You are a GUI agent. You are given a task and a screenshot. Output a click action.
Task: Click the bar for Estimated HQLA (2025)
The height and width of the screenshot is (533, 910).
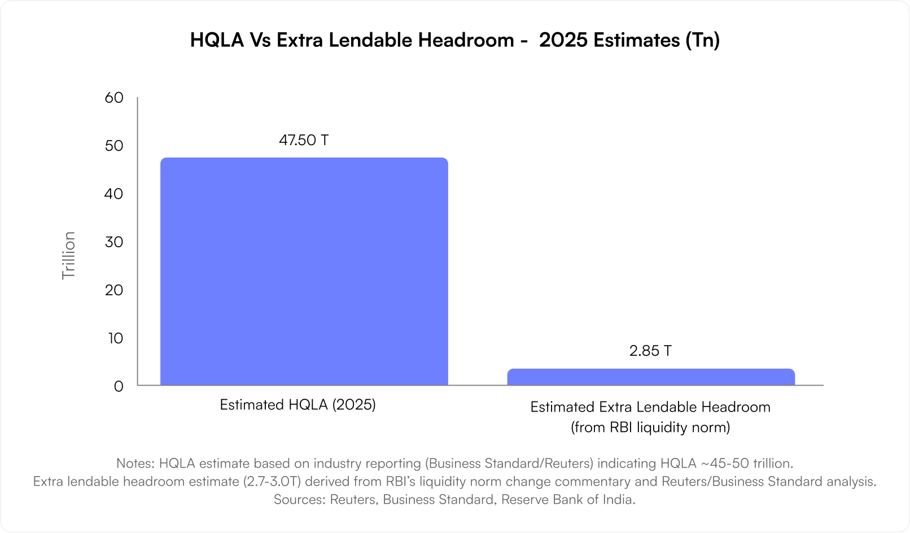click(304, 272)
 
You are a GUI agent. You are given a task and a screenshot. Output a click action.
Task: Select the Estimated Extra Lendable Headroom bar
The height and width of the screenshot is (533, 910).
click(650, 377)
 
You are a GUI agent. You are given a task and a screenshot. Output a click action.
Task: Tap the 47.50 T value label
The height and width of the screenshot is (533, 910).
click(304, 140)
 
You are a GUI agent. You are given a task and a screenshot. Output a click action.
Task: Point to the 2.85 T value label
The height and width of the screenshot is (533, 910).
click(650, 351)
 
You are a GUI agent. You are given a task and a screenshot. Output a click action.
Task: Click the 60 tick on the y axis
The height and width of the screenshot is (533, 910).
click(114, 98)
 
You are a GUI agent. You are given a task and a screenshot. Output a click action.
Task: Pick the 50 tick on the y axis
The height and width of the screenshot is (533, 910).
click(114, 146)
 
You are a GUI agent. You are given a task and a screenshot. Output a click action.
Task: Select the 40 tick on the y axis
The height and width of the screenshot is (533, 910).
click(114, 194)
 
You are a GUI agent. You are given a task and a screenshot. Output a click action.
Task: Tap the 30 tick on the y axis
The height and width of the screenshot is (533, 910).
click(114, 242)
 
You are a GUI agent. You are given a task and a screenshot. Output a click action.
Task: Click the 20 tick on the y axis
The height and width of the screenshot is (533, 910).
click(114, 290)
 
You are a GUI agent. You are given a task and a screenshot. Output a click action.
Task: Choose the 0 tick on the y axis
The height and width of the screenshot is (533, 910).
click(118, 387)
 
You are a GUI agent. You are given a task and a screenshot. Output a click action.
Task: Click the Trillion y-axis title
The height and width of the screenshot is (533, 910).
click(68, 255)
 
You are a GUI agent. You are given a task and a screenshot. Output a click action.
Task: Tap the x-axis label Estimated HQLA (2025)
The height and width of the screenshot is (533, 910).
click(297, 405)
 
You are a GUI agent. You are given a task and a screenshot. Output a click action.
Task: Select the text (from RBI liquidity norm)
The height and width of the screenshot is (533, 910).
click(650, 427)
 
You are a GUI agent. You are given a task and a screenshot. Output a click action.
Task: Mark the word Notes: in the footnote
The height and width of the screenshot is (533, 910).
click(135, 464)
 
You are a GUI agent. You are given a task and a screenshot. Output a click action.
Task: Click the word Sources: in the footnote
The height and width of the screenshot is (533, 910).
click(299, 500)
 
